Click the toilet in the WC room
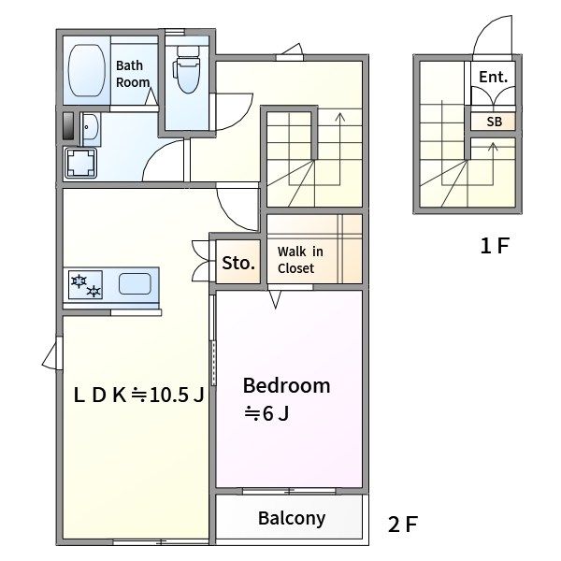[188, 69]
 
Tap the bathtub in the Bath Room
[87, 70]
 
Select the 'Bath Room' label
[133, 74]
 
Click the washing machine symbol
[80, 163]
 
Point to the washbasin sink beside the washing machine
[91, 129]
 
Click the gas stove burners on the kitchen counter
[85, 285]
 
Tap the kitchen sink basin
[135, 283]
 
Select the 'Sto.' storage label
[238, 263]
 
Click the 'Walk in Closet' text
[300, 260]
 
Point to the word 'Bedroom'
[287, 385]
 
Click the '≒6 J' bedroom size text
[266, 413]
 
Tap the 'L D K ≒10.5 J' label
[138, 395]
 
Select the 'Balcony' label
[292, 518]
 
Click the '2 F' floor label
[403, 525]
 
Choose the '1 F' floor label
[495, 246]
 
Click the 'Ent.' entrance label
[494, 77]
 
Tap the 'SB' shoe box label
[494, 122]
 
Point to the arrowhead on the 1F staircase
[494, 146]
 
